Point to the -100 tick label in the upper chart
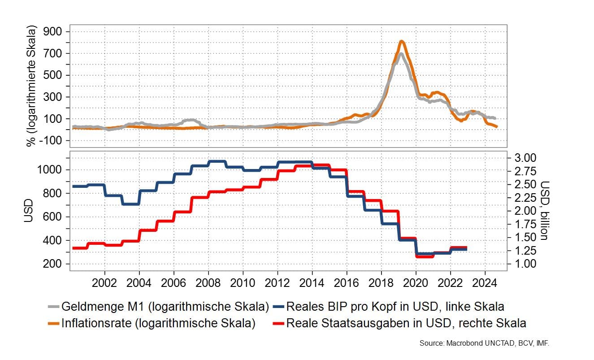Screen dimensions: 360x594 point(51,141)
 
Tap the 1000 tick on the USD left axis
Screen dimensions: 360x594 point(51,170)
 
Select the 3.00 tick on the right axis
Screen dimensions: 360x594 point(524,158)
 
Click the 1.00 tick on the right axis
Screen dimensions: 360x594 point(524,264)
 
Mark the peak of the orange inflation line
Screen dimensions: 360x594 point(402,42)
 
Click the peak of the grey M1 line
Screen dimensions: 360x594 point(400,54)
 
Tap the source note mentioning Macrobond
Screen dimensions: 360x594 point(484,343)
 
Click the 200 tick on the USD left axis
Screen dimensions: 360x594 point(54,264)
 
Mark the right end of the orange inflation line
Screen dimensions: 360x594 point(496,127)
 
